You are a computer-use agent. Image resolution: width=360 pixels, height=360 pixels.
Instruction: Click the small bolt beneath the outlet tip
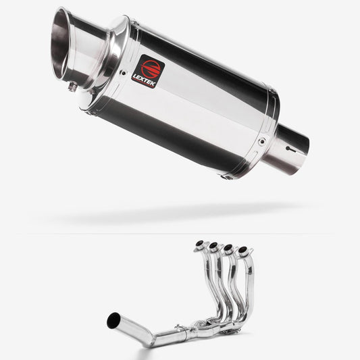[72, 86]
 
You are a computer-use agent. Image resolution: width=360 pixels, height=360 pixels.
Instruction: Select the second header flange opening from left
[213, 246]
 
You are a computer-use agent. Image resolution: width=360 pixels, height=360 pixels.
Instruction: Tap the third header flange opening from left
[226, 249]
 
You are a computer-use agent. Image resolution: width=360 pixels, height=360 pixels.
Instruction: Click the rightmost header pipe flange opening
[240, 251]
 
